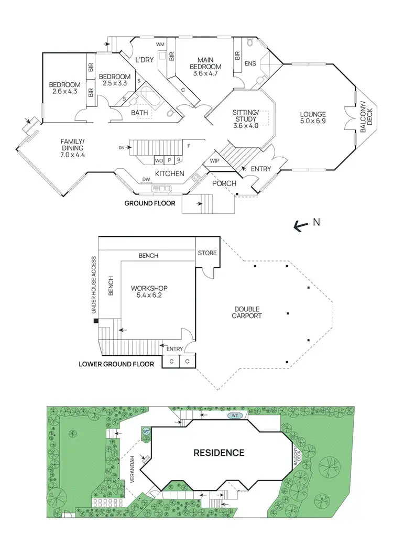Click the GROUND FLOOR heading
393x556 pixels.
tap(149, 203)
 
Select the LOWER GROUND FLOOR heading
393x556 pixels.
tap(116, 364)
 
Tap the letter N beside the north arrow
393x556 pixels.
tap(316, 222)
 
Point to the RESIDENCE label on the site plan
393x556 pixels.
tap(219, 452)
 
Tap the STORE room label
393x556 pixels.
tap(207, 253)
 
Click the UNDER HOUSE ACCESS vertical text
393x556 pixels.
tap(94, 285)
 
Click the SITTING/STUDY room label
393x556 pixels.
tap(246, 116)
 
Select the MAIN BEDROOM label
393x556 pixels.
tap(205, 63)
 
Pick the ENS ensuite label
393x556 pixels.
tap(250, 63)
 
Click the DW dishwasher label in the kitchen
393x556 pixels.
tap(146, 180)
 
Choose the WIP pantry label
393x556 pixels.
tap(214, 160)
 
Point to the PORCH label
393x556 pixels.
tap(224, 183)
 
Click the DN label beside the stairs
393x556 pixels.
tap(122, 148)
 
